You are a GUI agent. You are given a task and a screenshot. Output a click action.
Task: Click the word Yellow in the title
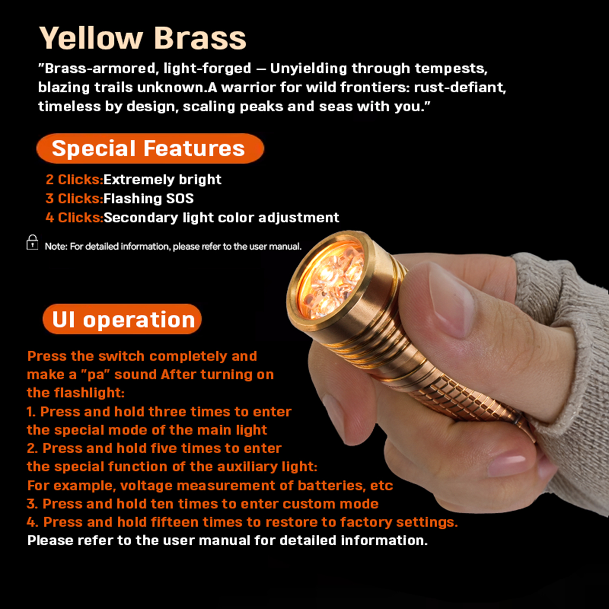pos(91,39)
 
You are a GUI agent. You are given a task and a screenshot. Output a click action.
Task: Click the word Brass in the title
pos(200,39)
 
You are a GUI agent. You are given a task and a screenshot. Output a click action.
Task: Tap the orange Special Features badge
pos(150,148)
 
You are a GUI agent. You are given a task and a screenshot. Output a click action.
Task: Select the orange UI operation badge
pos(122,319)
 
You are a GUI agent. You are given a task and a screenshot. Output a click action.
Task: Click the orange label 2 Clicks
pos(74,179)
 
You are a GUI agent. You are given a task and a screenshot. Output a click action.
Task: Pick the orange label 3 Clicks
pos(74,198)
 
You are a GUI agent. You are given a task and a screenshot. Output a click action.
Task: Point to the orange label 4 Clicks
pos(74,217)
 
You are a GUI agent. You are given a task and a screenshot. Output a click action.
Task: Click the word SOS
pos(180,198)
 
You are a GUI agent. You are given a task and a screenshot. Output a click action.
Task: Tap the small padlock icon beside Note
pos(32,242)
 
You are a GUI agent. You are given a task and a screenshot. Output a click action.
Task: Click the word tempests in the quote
pos(451,69)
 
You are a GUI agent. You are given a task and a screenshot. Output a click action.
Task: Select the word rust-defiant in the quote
pos(460,87)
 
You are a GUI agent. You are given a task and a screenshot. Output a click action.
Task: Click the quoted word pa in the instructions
pos(96,375)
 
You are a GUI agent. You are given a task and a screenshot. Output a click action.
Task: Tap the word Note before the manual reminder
pos(56,246)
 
